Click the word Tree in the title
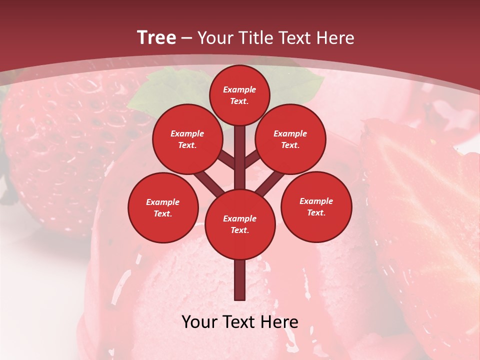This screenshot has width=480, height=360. [156, 37]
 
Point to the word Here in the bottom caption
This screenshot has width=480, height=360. [276, 322]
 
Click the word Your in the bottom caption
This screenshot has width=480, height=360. [199, 322]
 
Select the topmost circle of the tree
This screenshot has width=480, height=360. [239, 95]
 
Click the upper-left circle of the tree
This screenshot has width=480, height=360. [187, 139]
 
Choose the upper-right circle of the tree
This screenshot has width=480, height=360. [290, 139]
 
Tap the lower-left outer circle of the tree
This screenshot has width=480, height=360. [162, 207]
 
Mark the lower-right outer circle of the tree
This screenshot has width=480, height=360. [316, 206]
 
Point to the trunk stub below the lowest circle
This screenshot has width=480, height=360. [240, 280]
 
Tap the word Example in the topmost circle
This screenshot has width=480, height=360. [239, 89]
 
